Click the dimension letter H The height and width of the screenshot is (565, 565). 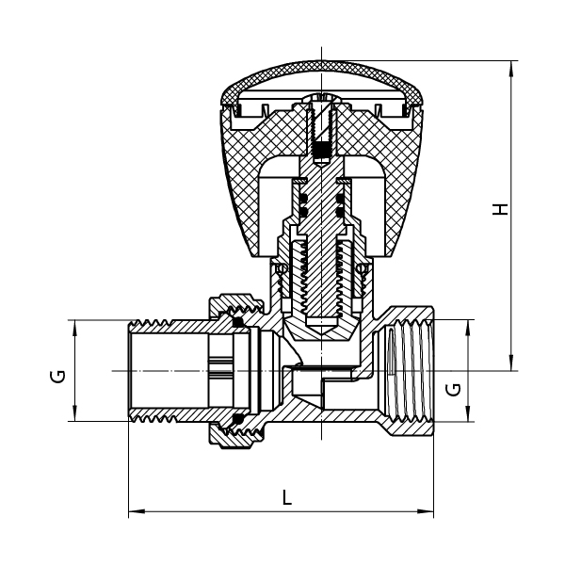click(x=500, y=209)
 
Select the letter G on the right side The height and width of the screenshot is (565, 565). click(x=453, y=390)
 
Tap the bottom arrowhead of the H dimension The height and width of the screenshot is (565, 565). click(x=511, y=363)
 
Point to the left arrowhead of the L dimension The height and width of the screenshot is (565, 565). click(x=137, y=511)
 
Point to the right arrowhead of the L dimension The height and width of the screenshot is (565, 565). click(x=426, y=511)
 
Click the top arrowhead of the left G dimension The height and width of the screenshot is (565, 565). click(x=75, y=328)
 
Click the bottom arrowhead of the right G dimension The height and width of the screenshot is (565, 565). click(x=468, y=413)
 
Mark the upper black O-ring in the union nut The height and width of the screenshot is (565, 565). click(x=237, y=322)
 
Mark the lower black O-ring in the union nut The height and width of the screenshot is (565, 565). click(x=237, y=419)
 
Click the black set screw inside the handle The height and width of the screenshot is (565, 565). click(x=321, y=152)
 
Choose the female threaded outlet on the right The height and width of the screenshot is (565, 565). click(x=409, y=371)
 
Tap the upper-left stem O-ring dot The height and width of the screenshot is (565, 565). click(x=304, y=198)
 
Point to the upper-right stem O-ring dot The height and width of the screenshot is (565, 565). click(x=340, y=198)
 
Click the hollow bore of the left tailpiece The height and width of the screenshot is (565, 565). click(x=169, y=371)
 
